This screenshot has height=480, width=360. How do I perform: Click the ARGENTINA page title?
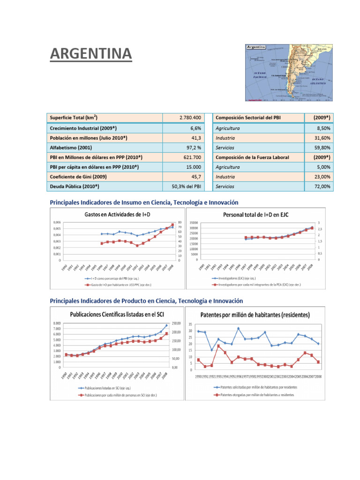coord(91,54)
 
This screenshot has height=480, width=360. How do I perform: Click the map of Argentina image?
coord(289,73)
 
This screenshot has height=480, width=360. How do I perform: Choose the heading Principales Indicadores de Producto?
coord(146,300)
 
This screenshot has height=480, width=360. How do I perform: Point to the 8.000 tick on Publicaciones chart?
coord(55,323)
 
